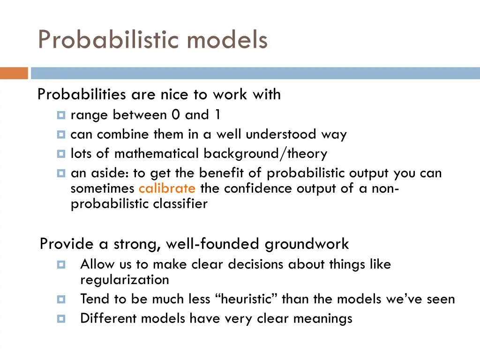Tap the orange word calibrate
pos(167,188)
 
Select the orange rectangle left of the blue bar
pos(14,73)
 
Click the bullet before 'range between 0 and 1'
pos(61,115)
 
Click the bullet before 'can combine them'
pos(61,135)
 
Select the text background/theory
pos(265,154)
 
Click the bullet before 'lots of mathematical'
pos(61,154)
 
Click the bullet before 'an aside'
pos(61,173)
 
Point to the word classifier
pos(180,204)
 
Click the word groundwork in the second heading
pos(307,244)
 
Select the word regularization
pos(125,280)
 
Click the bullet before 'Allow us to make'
pos(61,265)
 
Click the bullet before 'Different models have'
pos(61,319)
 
